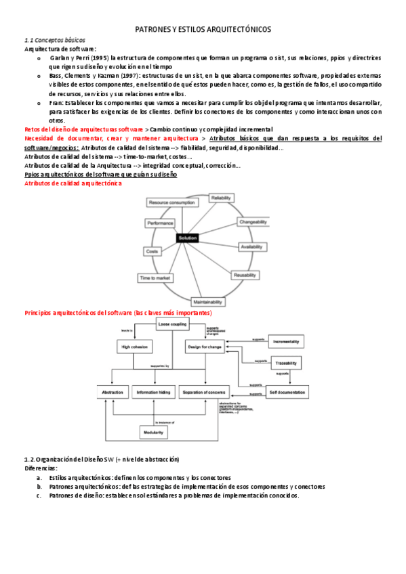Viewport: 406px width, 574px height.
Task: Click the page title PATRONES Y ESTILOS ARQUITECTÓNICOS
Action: click(203, 30)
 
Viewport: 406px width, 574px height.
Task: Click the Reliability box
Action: click(222, 198)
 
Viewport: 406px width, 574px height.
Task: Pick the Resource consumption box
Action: click(171, 202)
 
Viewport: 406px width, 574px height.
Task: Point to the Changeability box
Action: click(253, 221)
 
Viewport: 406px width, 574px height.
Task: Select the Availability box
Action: click(253, 247)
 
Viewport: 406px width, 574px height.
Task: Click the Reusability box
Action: click(245, 275)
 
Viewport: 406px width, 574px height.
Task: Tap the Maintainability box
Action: click(209, 301)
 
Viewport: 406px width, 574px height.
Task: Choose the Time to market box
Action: click(155, 278)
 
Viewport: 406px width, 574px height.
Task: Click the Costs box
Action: click(152, 250)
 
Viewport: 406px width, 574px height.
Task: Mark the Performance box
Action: click(160, 223)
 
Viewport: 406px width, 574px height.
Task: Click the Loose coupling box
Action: click(172, 325)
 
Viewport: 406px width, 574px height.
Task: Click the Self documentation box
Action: click(287, 392)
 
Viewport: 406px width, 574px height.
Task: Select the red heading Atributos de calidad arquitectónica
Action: click(73, 184)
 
